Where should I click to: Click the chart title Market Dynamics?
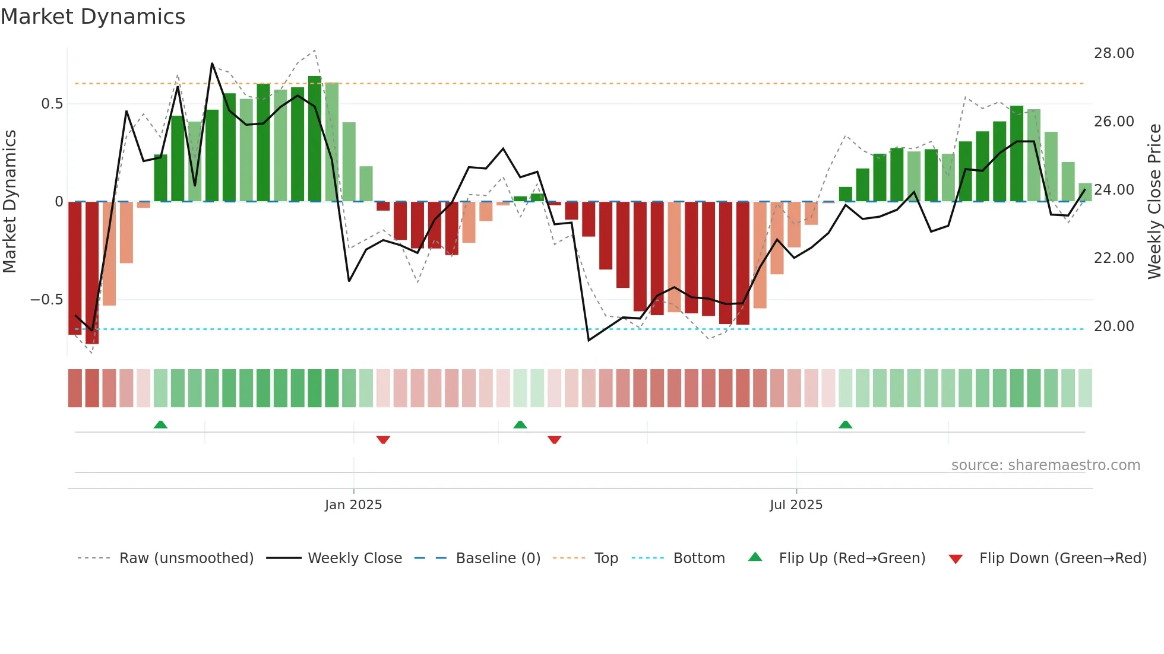point(93,17)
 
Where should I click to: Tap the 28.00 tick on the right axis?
point(1114,53)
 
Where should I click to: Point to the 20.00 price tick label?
point(1114,326)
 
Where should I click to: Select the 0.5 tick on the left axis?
point(52,104)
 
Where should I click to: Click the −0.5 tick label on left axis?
point(46,300)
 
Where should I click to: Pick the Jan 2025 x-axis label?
point(353,505)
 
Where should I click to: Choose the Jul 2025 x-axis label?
point(796,505)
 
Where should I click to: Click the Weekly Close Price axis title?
point(1154,202)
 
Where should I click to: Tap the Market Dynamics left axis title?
point(10,202)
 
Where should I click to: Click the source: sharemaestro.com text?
point(1045,465)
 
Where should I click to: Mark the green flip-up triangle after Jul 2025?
point(845,424)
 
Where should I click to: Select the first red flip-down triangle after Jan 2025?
point(383,440)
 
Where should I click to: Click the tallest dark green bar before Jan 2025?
point(315,139)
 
